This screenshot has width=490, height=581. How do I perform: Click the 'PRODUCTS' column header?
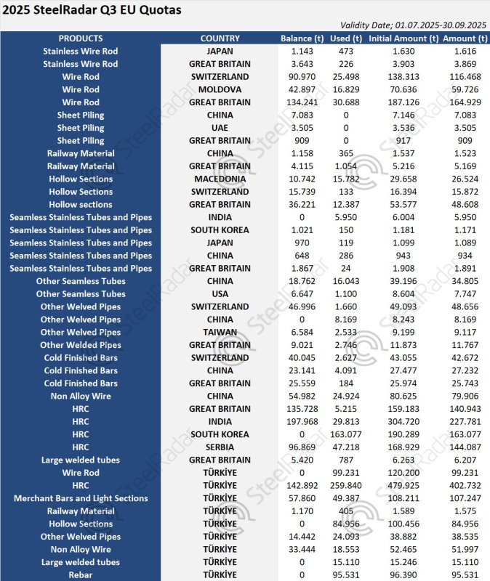tap(80, 38)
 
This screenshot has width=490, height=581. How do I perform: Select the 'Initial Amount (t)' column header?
tap(403, 38)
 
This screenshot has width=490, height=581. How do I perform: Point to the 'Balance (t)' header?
tap(302, 38)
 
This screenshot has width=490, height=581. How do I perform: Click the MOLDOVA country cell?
tap(220, 89)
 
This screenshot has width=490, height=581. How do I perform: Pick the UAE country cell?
tap(220, 128)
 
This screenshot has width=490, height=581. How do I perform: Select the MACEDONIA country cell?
tap(220, 179)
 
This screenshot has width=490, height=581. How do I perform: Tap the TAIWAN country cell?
tap(220, 332)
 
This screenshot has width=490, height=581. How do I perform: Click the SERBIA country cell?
tap(220, 447)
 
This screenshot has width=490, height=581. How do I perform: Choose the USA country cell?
tap(220, 294)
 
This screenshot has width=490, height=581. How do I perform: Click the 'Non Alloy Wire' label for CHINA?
tap(80, 396)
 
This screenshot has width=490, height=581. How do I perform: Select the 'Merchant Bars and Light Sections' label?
tap(80, 498)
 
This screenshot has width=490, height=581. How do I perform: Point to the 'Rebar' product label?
tap(80, 574)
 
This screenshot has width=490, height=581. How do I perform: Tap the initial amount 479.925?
tap(403, 485)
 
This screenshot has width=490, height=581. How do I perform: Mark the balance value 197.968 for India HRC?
tap(302, 421)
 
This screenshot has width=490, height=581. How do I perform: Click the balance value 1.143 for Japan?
tap(302, 51)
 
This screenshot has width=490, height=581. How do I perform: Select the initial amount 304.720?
tap(403, 421)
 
